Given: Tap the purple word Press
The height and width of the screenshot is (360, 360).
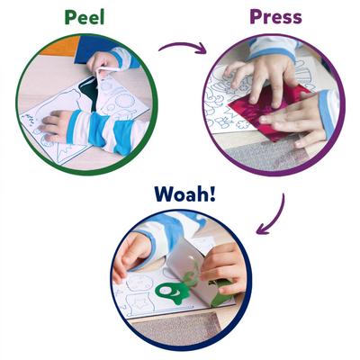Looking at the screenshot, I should point(275,18).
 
